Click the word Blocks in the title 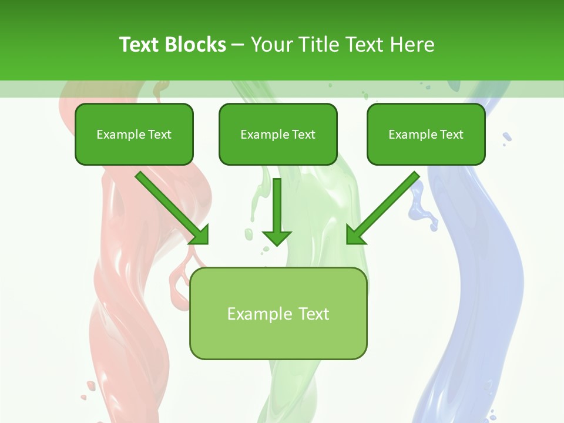[x=195, y=45]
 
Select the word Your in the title [x=272, y=45]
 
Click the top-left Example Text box [x=134, y=135]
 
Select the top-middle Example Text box [x=278, y=135]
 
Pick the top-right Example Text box [x=426, y=135]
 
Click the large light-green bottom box [x=278, y=314]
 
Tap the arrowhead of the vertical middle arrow [x=277, y=237]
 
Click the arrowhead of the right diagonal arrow [x=354, y=236]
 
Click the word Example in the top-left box [x=121, y=135]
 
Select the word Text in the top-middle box [x=303, y=135]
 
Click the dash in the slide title [x=238, y=45]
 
